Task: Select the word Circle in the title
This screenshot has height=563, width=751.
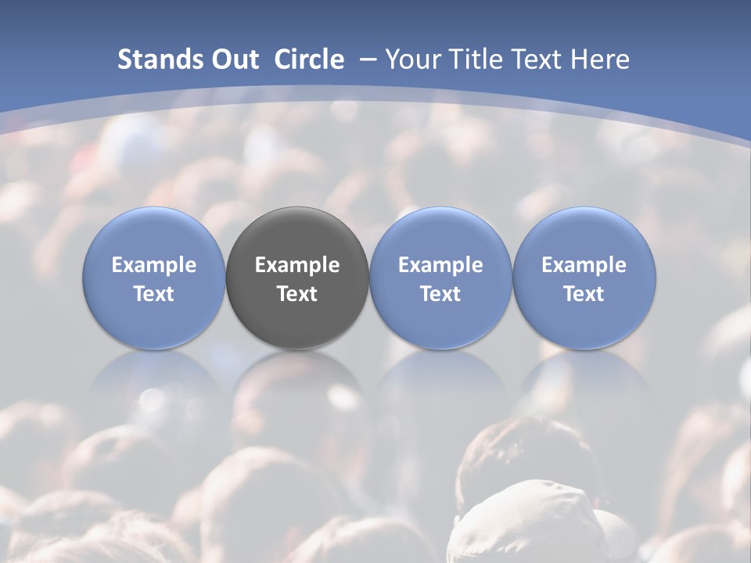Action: coord(309,59)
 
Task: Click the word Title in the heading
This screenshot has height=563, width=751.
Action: coord(470,59)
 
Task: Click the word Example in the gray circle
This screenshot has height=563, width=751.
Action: coord(297,265)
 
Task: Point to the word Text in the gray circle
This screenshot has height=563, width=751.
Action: coord(297,294)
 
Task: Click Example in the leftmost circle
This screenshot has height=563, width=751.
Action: coord(154,265)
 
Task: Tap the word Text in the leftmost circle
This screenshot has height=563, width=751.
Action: coord(154,294)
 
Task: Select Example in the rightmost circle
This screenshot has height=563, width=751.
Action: coord(584,265)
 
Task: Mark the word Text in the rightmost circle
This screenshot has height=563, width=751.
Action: coord(584,294)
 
